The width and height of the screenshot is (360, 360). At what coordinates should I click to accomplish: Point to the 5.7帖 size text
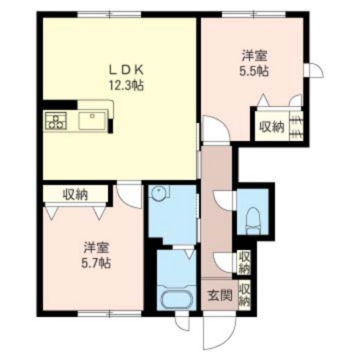(x=96, y=263)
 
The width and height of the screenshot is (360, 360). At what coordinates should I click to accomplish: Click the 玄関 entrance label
(x=220, y=296)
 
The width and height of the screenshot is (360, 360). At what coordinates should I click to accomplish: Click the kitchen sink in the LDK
(x=92, y=120)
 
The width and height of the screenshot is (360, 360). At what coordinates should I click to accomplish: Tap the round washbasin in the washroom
(x=158, y=194)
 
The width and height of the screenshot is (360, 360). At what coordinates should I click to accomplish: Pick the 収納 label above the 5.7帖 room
(x=75, y=193)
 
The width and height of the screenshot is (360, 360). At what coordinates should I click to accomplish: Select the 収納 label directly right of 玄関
(x=246, y=295)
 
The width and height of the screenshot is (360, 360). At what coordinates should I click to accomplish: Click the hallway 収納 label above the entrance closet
(x=246, y=261)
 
